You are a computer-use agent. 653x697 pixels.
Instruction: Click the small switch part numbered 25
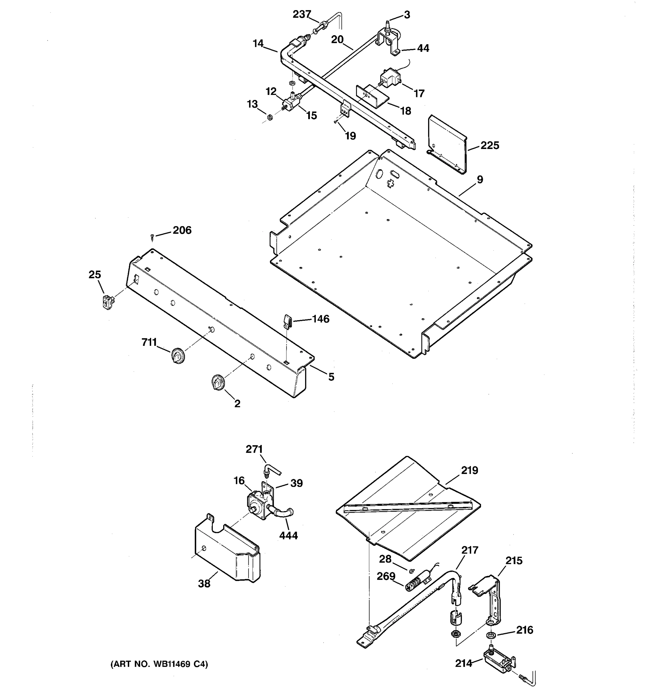coord(108,302)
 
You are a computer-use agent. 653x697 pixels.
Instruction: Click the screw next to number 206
coord(152,237)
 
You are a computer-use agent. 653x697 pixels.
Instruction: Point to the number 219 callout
coord(469,470)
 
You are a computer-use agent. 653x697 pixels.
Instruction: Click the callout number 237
coord(302,14)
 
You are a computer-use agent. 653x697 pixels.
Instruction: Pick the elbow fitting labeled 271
coord(270,470)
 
